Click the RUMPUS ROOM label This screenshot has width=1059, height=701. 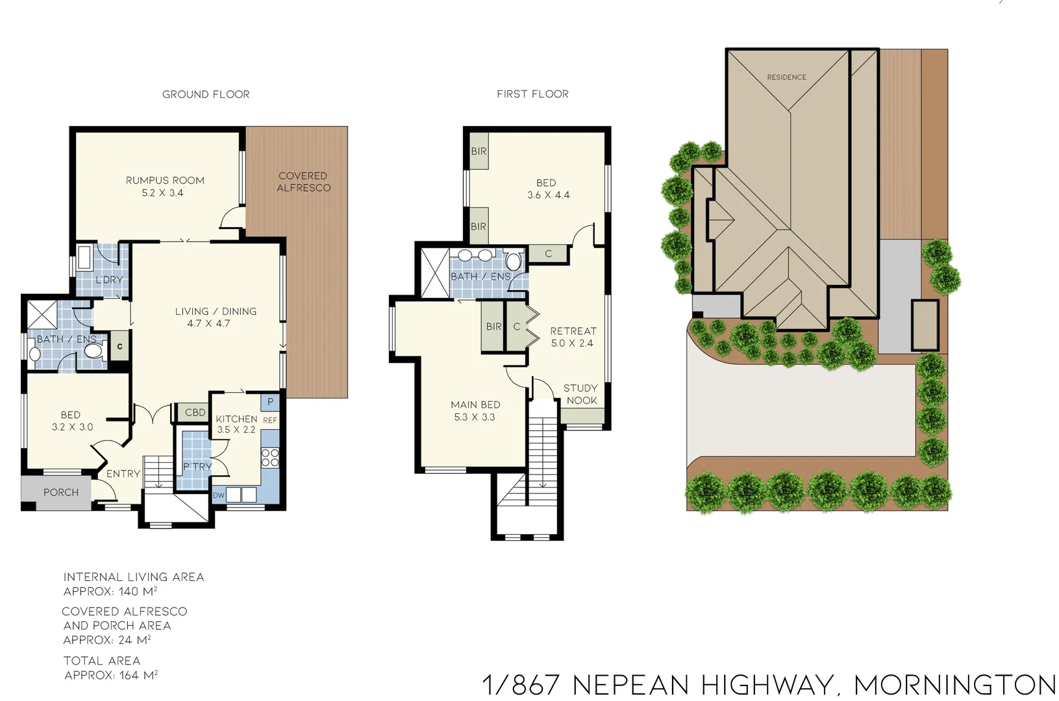165,180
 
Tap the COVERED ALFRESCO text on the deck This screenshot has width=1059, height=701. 303,182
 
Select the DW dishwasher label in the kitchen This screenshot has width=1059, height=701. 218,495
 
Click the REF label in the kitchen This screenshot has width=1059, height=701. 270,421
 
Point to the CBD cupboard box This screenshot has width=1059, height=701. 195,412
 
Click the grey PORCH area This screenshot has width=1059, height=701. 60,493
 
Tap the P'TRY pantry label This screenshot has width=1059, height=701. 197,467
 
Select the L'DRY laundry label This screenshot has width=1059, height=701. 108,280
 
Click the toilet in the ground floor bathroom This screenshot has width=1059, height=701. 95,351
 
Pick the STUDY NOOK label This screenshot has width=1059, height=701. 580,394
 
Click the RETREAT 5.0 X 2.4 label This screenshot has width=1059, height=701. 573,337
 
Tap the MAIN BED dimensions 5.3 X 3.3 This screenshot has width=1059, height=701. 475,417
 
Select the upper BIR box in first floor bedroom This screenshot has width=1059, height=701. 479,151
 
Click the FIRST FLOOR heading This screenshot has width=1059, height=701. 532,94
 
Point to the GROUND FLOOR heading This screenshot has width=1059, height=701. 206,94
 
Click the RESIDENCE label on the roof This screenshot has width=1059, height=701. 786,77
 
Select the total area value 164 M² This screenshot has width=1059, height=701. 138,675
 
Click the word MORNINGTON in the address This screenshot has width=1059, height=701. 954,685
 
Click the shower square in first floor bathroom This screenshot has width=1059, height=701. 435,273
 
